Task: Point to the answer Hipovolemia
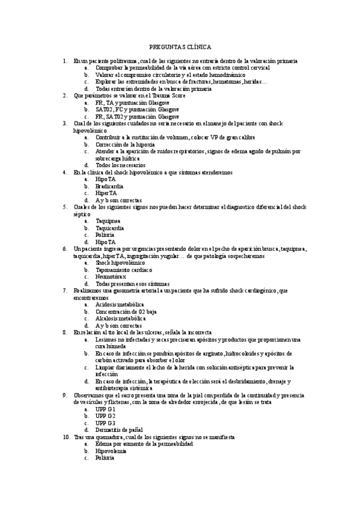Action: [111, 450]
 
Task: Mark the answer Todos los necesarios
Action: [120, 165]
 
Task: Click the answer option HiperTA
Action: [106, 193]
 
